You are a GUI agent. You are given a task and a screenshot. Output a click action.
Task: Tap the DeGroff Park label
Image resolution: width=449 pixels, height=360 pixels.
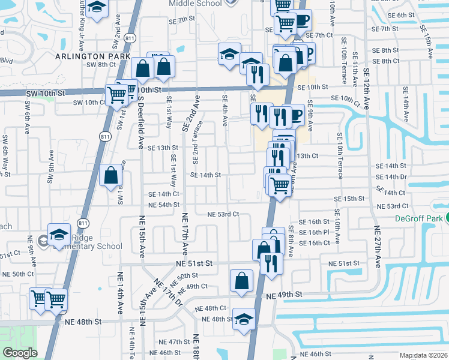(421, 219)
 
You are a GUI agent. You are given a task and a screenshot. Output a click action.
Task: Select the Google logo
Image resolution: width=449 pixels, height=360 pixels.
(19, 353)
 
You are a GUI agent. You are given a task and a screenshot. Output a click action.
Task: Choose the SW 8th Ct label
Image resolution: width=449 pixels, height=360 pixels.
(101, 65)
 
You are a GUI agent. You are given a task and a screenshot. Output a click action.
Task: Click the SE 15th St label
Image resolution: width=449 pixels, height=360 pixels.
(350, 199)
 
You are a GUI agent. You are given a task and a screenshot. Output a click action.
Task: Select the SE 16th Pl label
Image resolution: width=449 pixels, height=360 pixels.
(310, 232)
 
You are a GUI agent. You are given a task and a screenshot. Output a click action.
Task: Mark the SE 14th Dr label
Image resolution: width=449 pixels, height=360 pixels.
(391, 177)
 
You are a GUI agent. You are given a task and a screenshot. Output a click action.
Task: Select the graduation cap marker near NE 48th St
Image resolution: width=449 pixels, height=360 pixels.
(244, 318)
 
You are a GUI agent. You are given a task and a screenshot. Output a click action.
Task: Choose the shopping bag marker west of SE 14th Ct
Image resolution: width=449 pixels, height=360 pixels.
(111, 176)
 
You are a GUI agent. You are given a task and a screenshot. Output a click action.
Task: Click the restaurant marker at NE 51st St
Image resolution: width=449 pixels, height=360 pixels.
(271, 263)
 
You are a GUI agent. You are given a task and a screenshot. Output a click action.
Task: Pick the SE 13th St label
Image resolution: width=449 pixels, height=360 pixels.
(163, 148)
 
